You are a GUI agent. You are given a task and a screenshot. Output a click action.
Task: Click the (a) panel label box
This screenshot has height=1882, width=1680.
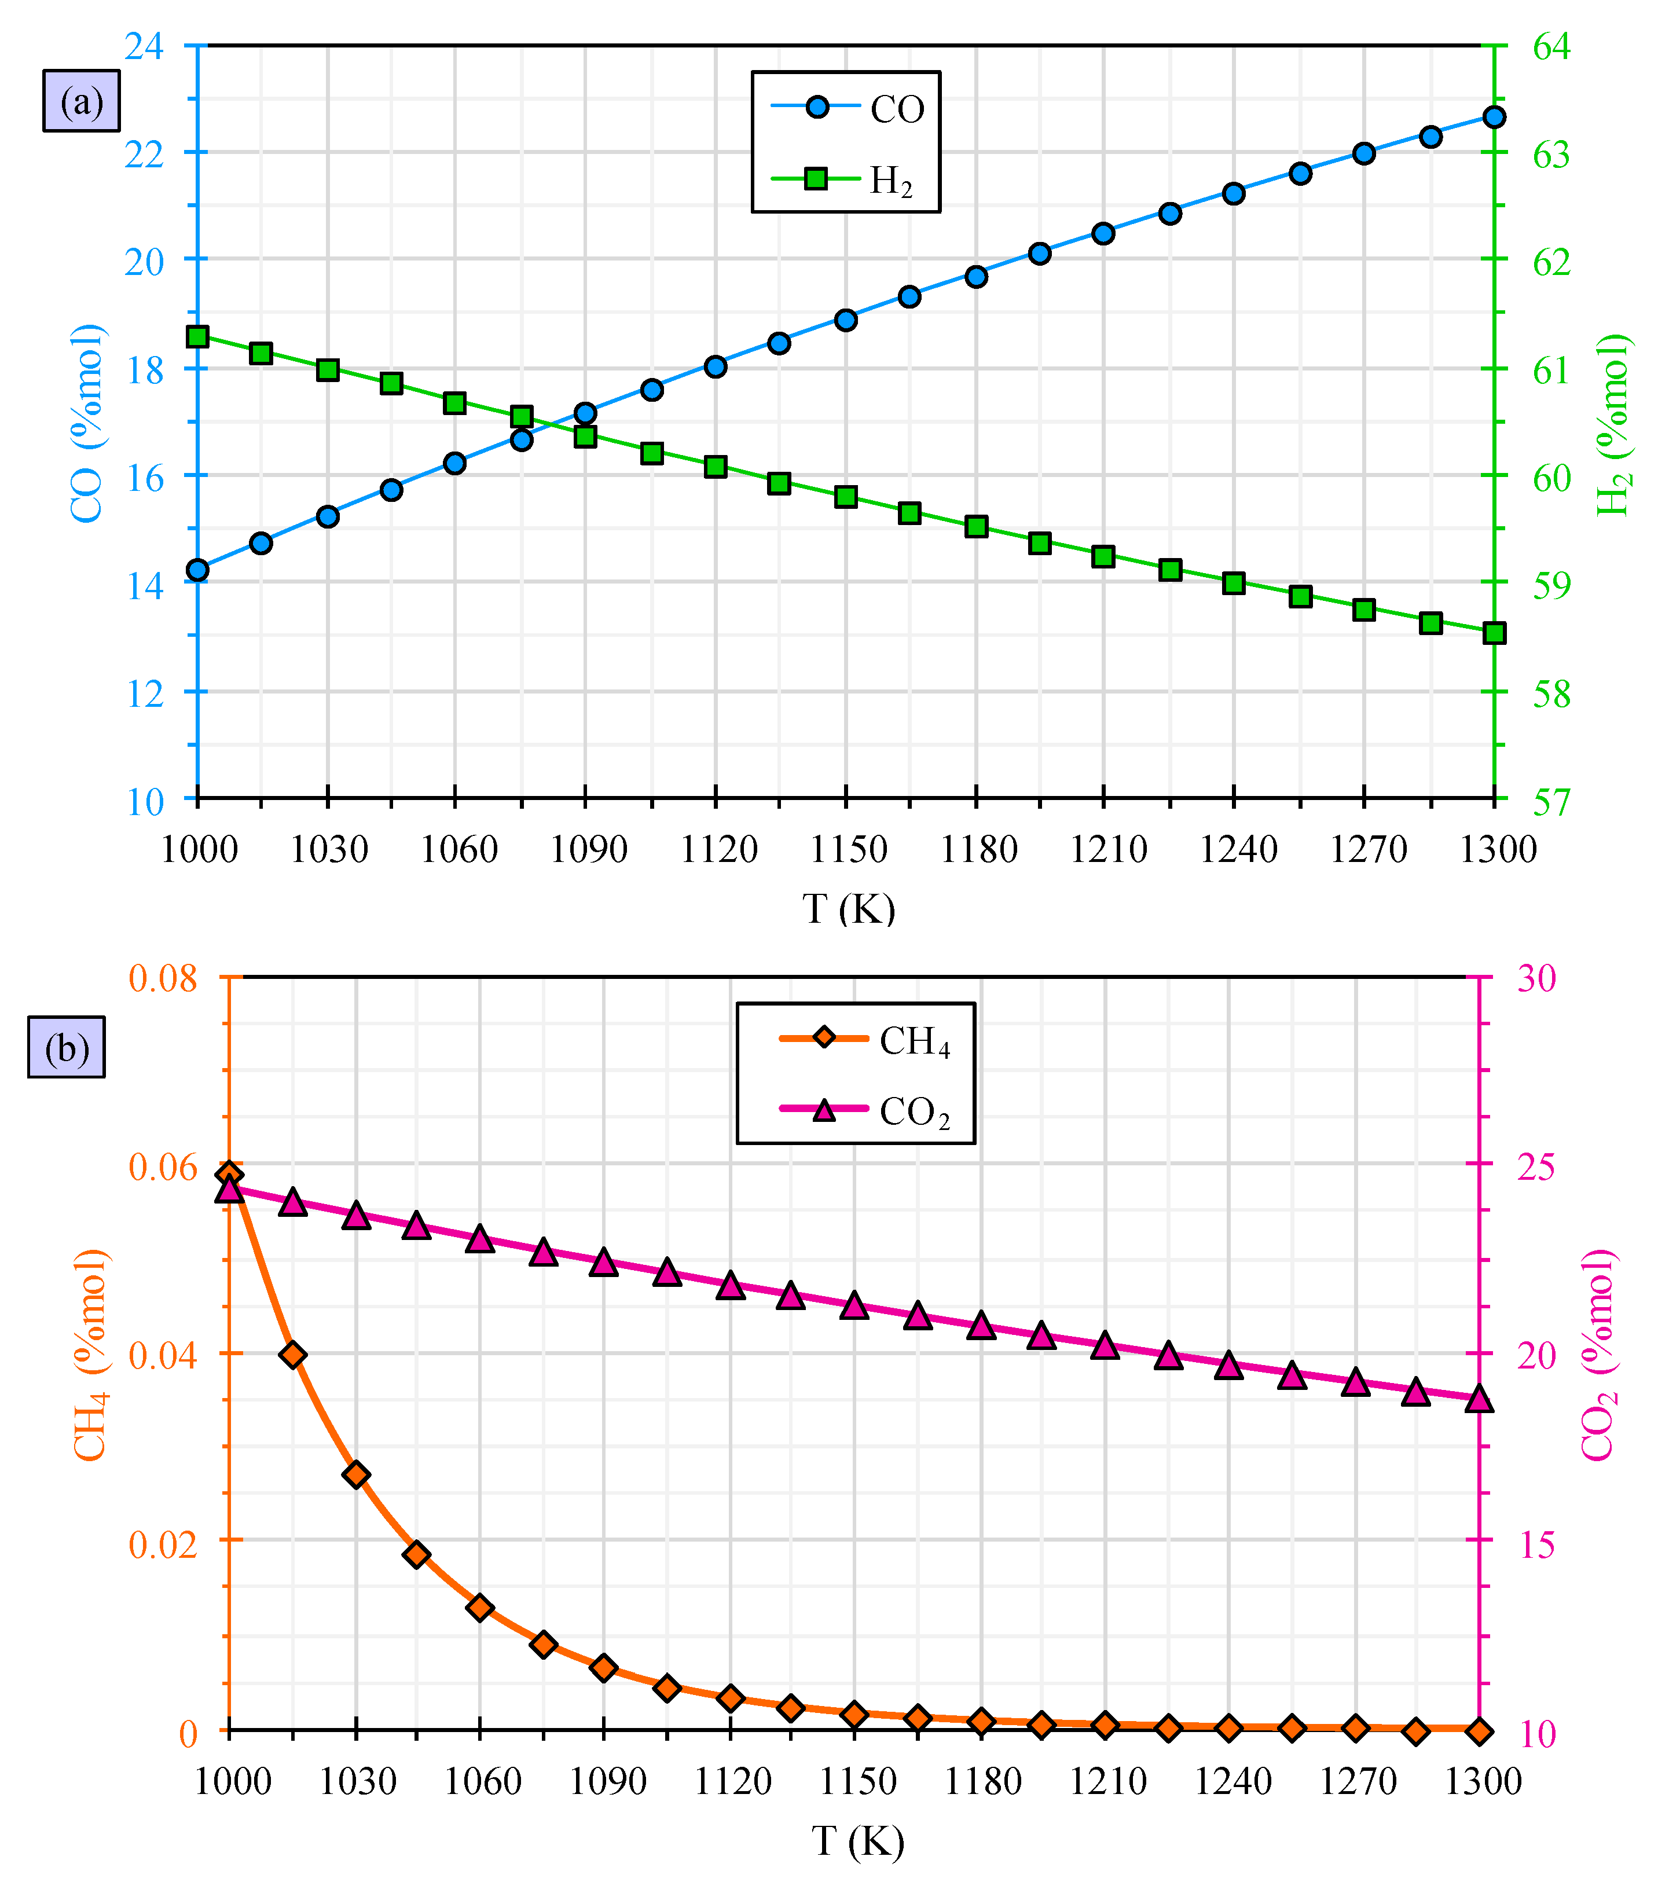81,101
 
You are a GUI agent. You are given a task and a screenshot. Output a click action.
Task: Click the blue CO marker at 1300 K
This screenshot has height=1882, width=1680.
1495,117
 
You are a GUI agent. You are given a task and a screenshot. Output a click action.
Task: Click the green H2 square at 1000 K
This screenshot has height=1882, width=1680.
197,336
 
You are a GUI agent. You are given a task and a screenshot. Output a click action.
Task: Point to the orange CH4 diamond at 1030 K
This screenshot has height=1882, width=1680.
356,1474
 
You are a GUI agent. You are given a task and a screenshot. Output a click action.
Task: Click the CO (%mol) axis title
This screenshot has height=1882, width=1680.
87,423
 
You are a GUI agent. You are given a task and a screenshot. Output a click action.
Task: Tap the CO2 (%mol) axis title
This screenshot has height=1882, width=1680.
1600,1355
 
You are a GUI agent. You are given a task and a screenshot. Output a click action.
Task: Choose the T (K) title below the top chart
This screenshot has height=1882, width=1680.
848,909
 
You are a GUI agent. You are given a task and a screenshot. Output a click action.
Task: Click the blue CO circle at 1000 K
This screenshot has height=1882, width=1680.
197,570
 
